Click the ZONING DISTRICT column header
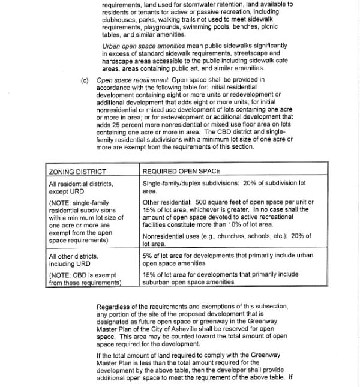click(x=77, y=172)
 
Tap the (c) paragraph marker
click(x=85, y=79)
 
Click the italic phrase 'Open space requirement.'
click(x=133, y=79)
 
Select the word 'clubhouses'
click(x=117, y=19)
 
